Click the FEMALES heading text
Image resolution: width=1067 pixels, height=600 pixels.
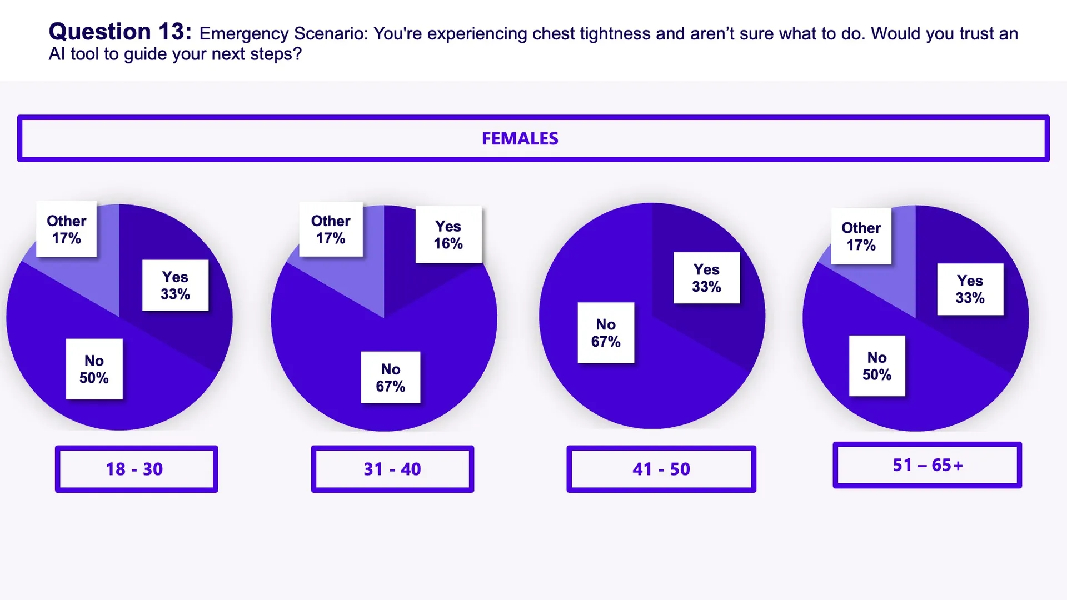pyautogui.click(x=520, y=138)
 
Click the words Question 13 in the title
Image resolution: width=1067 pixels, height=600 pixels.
pyautogui.click(x=120, y=32)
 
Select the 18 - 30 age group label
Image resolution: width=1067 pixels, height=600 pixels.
pyautogui.click(x=135, y=469)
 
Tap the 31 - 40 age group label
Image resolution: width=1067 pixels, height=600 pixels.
pyautogui.click(x=392, y=469)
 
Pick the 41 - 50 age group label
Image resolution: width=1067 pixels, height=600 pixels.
pyautogui.click(x=661, y=469)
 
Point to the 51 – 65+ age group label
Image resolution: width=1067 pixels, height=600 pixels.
pyautogui.click(x=927, y=465)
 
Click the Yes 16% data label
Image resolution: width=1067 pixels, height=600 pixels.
pyautogui.click(x=448, y=234)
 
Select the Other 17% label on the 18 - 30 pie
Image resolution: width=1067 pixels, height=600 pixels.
pyautogui.click(x=66, y=229)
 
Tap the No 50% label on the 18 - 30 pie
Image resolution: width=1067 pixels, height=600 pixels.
pyautogui.click(x=94, y=369)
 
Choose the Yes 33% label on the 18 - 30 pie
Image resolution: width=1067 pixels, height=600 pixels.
pyautogui.click(x=175, y=285)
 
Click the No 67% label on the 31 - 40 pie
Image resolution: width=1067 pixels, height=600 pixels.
pyautogui.click(x=390, y=377)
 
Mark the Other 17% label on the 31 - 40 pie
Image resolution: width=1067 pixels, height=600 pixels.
pyautogui.click(x=331, y=229)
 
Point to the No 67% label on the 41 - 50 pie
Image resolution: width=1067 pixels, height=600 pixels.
pyautogui.click(x=606, y=333)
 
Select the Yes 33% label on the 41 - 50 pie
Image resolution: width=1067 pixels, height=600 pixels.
pyautogui.click(x=706, y=278)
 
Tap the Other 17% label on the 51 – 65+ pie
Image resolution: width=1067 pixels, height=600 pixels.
pyautogui.click(x=861, y=236)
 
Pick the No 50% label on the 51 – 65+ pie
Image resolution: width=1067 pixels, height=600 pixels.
pyautogui.click(x=877, y=366)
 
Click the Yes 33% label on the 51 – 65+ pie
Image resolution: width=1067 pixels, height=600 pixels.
pyautogui.click(x=970, y=289)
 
